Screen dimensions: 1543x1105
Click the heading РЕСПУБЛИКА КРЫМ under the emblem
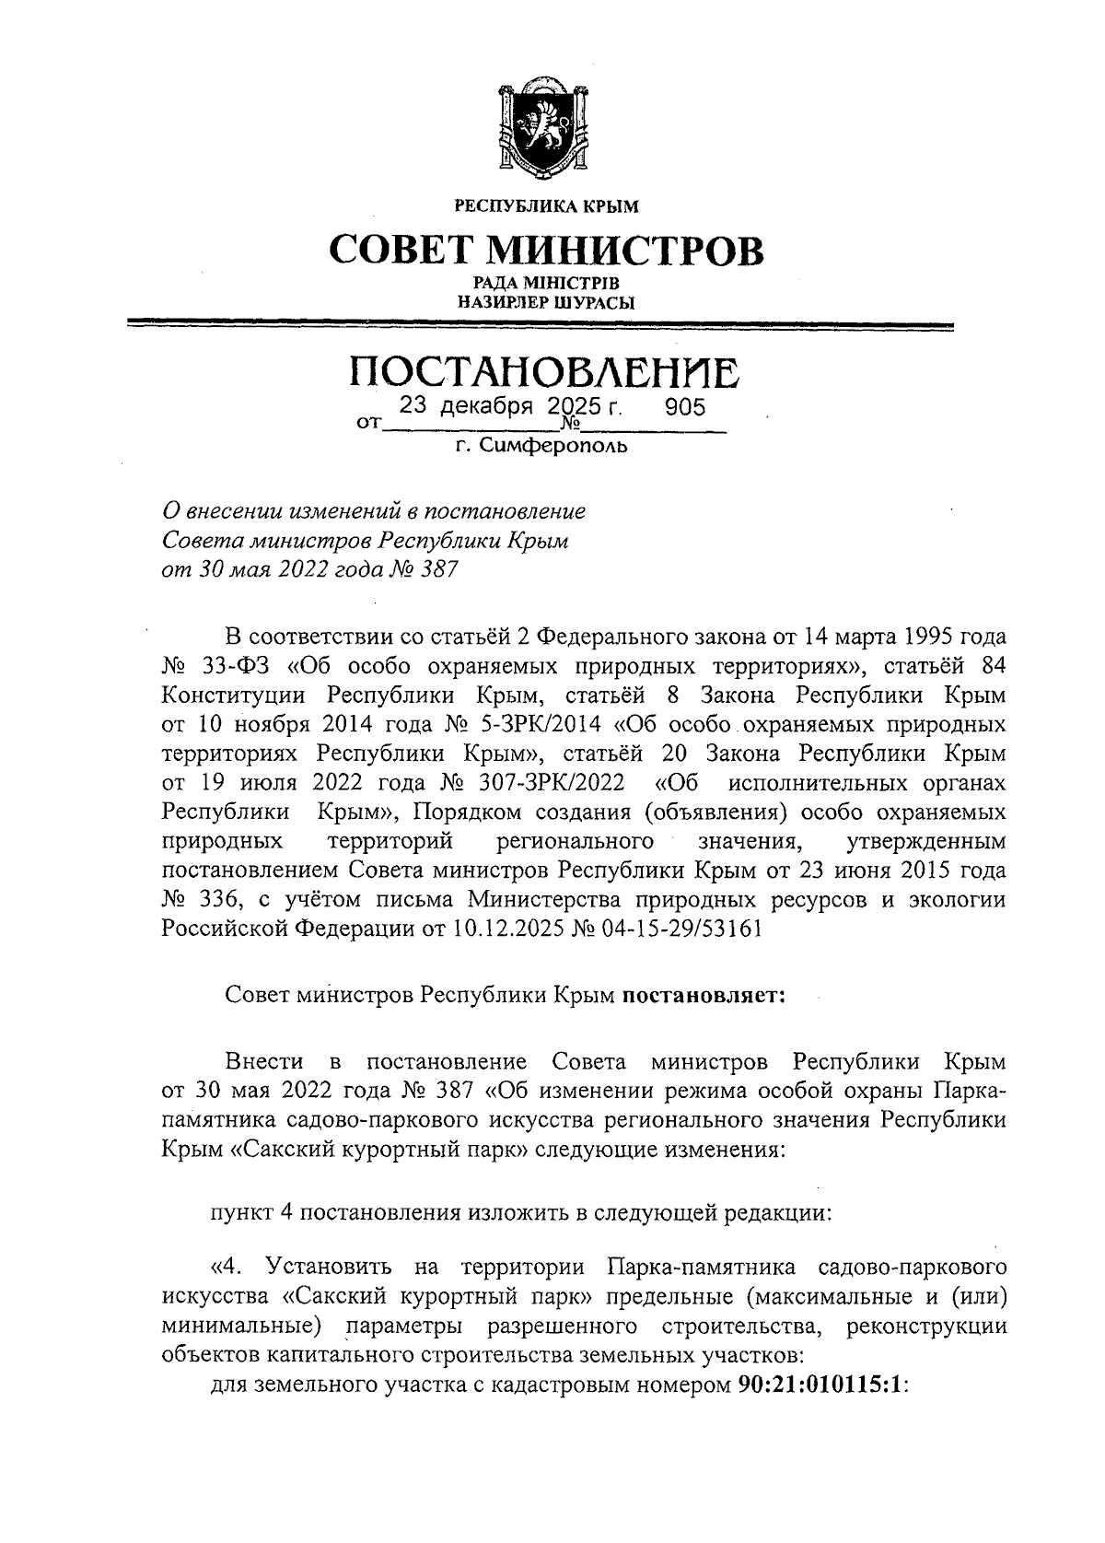coord(547,206)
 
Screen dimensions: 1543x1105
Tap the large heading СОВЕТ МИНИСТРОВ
coord(547,250)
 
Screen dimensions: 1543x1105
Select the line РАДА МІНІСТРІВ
coord(547,283)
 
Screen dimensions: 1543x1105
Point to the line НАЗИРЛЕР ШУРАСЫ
coord(547,301)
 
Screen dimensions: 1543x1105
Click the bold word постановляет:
coord(704,996)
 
